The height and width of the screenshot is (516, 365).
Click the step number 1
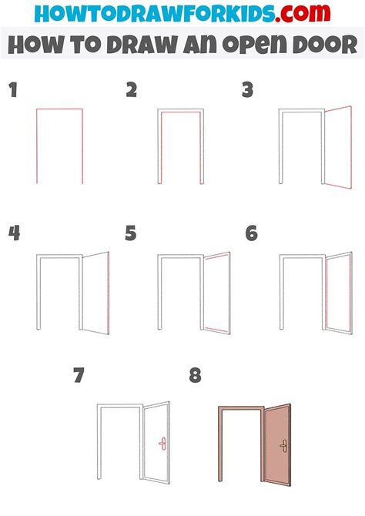[13, 91]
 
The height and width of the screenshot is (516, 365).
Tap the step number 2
[132, 91]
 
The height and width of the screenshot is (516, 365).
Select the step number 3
[247, 91]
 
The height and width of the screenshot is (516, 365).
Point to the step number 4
[14, 233]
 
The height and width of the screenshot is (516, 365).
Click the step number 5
[131, 233]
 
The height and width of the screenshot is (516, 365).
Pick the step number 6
[251, 233]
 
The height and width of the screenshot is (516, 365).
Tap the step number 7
[79, 376]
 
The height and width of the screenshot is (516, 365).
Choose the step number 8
[195, 376]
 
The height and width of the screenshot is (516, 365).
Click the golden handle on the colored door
[283, 444]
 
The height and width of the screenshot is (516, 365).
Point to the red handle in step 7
[162, 444]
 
